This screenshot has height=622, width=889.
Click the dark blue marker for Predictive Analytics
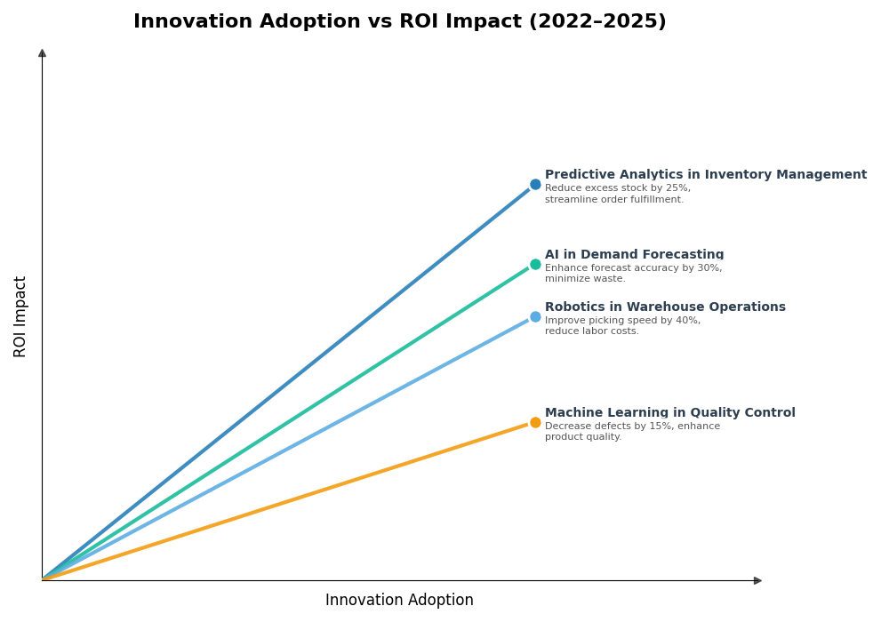(x=535, y=185)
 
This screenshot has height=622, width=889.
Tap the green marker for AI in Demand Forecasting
(x=535, y=264)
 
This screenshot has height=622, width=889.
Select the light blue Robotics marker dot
(x=535, y=316)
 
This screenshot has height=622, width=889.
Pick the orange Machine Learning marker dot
(x=535, y=422)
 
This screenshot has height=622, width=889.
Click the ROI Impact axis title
(x=20, y=316)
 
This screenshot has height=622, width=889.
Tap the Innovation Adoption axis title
(x=399, y=601)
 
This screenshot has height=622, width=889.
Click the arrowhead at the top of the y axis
(x=42, y=53)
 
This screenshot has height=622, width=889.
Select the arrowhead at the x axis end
(x=757, y=580)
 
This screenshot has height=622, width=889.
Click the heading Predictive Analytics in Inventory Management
(x=705, y=175)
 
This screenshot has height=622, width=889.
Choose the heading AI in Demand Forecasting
(x=634, y=255)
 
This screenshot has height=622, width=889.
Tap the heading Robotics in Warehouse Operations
(x=665, y=307)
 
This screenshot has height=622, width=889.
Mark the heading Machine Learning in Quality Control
(x=669, y=413)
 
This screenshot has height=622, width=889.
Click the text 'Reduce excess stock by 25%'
(x=617, y=188)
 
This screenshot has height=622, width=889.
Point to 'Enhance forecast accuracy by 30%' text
(x=633, y=268)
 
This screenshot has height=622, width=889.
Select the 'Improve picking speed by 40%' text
(x=622, y=321)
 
